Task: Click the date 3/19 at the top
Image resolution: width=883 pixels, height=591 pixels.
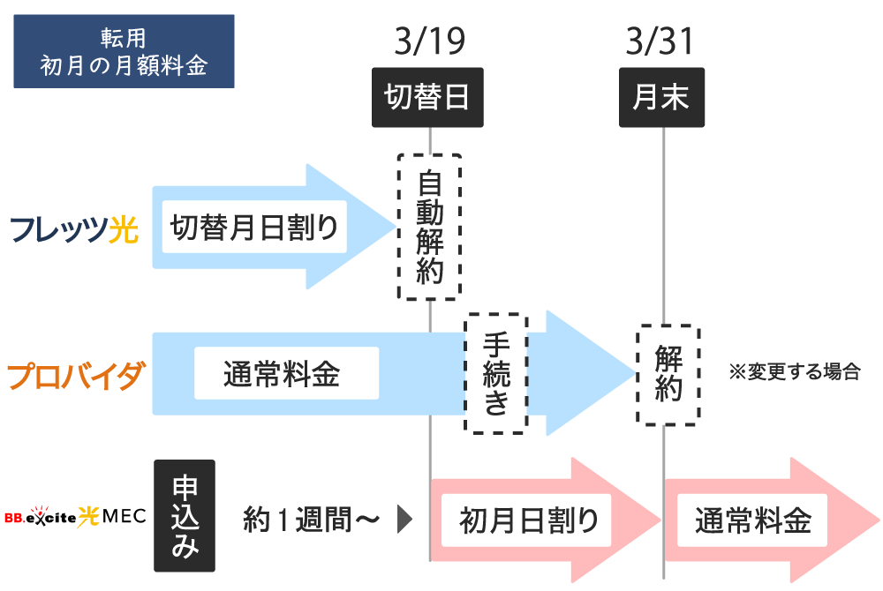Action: pos(428,41)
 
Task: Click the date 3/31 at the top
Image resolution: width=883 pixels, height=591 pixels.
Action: pos(660,41)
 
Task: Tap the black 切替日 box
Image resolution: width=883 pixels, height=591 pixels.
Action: pos(428,97)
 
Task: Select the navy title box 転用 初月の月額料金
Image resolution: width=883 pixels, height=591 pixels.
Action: pos(124,51)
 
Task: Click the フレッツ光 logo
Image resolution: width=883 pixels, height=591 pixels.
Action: pos(75,231)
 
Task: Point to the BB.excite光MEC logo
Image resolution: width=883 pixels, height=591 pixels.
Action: pos(74,515)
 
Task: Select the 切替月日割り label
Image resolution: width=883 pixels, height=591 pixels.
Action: pos(254,228)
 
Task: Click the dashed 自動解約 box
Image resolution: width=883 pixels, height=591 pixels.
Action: pos(429,227)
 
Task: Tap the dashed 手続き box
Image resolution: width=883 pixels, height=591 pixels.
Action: pos(496,372)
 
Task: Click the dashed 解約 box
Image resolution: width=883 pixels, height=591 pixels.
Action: pos(668,374)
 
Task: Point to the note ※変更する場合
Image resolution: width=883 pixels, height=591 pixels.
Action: pos(794,371)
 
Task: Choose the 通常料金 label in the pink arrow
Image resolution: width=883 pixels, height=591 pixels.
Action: pos(752,520)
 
